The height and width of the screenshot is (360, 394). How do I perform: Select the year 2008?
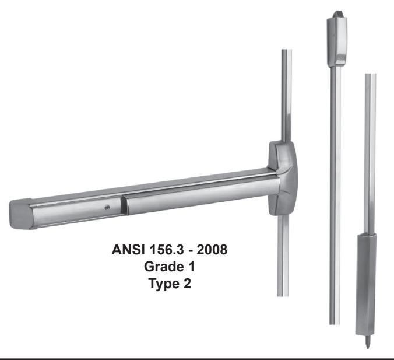[x=212, y=250]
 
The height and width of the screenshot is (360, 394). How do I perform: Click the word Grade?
[x=163, y=267]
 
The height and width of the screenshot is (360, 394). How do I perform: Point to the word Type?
[x=164, y=284]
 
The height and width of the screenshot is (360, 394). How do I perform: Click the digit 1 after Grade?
[x=192, y=267]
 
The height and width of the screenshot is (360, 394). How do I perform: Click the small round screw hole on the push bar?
[x=108, y=207]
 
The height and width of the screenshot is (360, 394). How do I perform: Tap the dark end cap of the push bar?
[x=21, y=214]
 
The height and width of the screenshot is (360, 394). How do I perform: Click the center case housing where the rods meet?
[x=283, y=178]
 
